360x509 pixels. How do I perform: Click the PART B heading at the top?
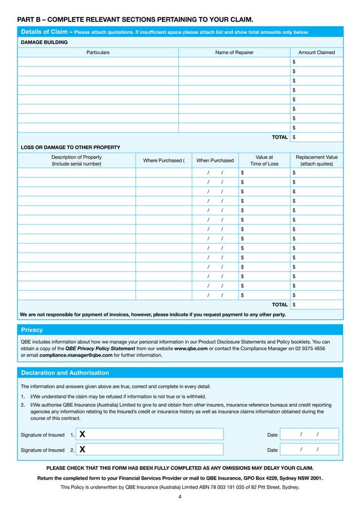point(135,19)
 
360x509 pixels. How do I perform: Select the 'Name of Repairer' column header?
point(234,52)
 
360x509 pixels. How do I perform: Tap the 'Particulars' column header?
point(98,52)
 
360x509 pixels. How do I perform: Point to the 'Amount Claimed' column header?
point(316,52)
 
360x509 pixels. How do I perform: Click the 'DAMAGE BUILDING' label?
point(44,42)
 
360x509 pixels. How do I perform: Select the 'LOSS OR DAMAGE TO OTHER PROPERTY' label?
point(70,147)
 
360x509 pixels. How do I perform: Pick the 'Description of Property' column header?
point(76,160)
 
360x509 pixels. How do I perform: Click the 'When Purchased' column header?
point(214,161)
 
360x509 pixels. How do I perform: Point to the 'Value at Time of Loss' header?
point(264,160)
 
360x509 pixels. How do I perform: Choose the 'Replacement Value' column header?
point(316,160)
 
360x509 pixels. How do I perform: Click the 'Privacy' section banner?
point(32,330)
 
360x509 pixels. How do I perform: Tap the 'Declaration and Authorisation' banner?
point(65,373)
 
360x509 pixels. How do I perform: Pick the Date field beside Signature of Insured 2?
point(309,450)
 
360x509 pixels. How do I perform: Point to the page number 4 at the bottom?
point(180,497)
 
